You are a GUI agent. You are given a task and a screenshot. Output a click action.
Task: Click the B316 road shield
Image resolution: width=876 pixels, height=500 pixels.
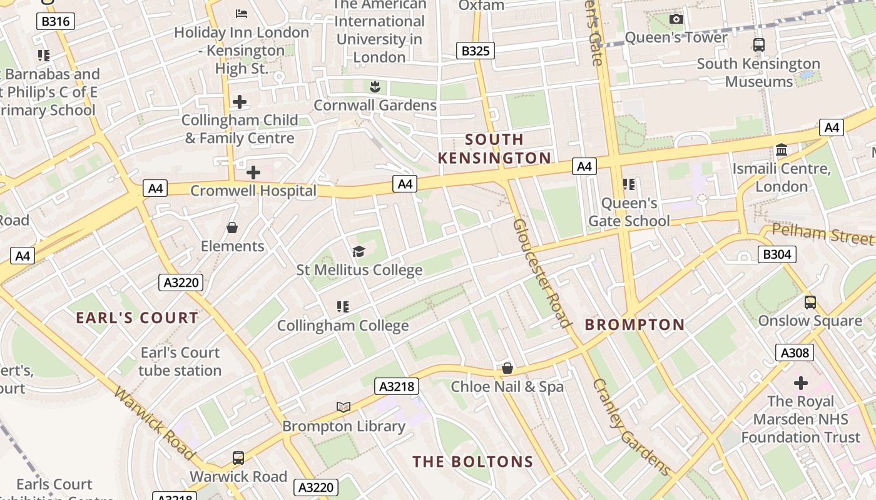[x=56, y=21]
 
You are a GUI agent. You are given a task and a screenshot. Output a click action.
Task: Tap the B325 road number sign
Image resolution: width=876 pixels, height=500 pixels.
[x=475, y=51]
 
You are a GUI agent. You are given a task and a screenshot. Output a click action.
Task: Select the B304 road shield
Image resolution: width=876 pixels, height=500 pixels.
[x=777, y=254]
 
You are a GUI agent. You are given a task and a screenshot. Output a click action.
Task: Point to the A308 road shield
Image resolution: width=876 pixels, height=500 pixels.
[x=795, y=352]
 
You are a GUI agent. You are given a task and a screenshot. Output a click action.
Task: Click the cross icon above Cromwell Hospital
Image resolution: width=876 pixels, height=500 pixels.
[x=253, y=172]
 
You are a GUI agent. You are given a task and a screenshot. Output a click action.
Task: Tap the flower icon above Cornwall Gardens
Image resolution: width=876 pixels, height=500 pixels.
[x=375, y=86]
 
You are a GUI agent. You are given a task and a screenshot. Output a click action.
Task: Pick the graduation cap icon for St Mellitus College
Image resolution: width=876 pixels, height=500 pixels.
[x=359, y=251]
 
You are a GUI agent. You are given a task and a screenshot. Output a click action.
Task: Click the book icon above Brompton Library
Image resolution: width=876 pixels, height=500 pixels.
[x=344, y=407]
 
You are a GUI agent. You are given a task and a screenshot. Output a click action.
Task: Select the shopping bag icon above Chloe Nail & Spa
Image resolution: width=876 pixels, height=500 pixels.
[x=507, y=368]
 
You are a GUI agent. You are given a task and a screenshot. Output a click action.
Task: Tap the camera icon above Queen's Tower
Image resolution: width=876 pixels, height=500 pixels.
[x=676, y=19]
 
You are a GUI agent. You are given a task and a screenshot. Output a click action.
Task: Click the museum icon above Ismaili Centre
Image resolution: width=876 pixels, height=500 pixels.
[x=782, y=150]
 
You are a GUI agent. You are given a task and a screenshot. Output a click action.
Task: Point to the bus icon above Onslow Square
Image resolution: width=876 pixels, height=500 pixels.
[x=810, y=302]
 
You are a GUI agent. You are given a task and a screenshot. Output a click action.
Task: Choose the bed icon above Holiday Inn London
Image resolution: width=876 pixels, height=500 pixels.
[x=242, y=13]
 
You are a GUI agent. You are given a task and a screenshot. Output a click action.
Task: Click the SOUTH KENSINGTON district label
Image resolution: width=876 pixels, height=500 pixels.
[x=494, y=149]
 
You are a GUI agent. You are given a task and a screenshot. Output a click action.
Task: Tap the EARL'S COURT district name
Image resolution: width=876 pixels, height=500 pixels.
[x=137, y=317]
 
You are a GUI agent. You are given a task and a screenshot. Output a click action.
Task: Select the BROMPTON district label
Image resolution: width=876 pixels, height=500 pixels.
[x=634, y=324]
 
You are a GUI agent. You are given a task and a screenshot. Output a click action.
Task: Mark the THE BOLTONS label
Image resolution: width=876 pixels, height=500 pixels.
[x=472, y=462]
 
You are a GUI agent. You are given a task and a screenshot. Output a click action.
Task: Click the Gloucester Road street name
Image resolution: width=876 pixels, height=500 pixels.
[x=542, y=272]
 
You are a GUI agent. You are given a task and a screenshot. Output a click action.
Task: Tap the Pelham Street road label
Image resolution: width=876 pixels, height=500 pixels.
[x=822, y=234]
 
